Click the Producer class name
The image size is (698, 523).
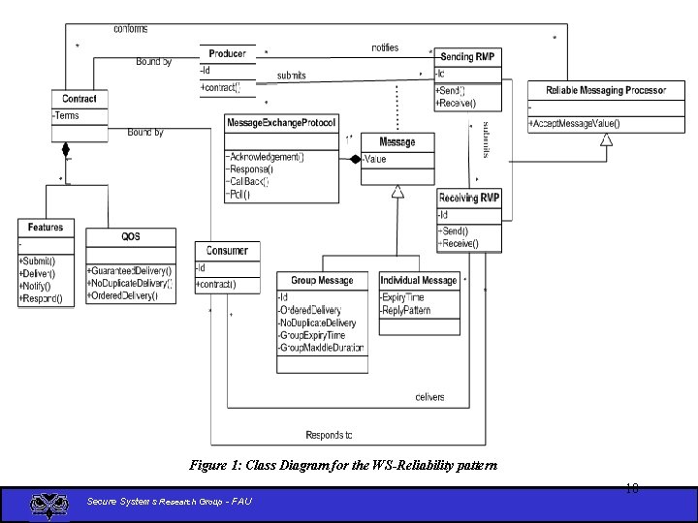(x=228, y=54)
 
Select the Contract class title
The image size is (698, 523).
(x=79, y=99)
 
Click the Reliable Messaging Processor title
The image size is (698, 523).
(x=606, y=91)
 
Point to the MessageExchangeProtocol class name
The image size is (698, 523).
(x=281, y=123)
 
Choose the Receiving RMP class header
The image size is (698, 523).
(x=470, y=198)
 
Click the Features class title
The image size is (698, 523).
(x=46, y=228)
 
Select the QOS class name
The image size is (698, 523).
(x=131, y=236)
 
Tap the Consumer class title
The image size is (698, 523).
(x=227, y=251)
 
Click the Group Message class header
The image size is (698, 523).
(x=323, y=281)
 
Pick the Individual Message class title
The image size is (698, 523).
(x=418, y=281)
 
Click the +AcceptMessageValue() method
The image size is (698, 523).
(x=575, y=123)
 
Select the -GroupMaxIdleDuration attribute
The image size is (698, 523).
(x=321, y=348)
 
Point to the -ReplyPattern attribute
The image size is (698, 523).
(x=405, y=311)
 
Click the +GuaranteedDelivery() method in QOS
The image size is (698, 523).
(x=130, y=270)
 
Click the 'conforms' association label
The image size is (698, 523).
(x=131, y=29)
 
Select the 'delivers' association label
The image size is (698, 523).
(x=429, y=397)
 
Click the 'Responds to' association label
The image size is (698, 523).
(x=329, y=435)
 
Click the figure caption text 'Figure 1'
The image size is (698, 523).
(x=343, y=466)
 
